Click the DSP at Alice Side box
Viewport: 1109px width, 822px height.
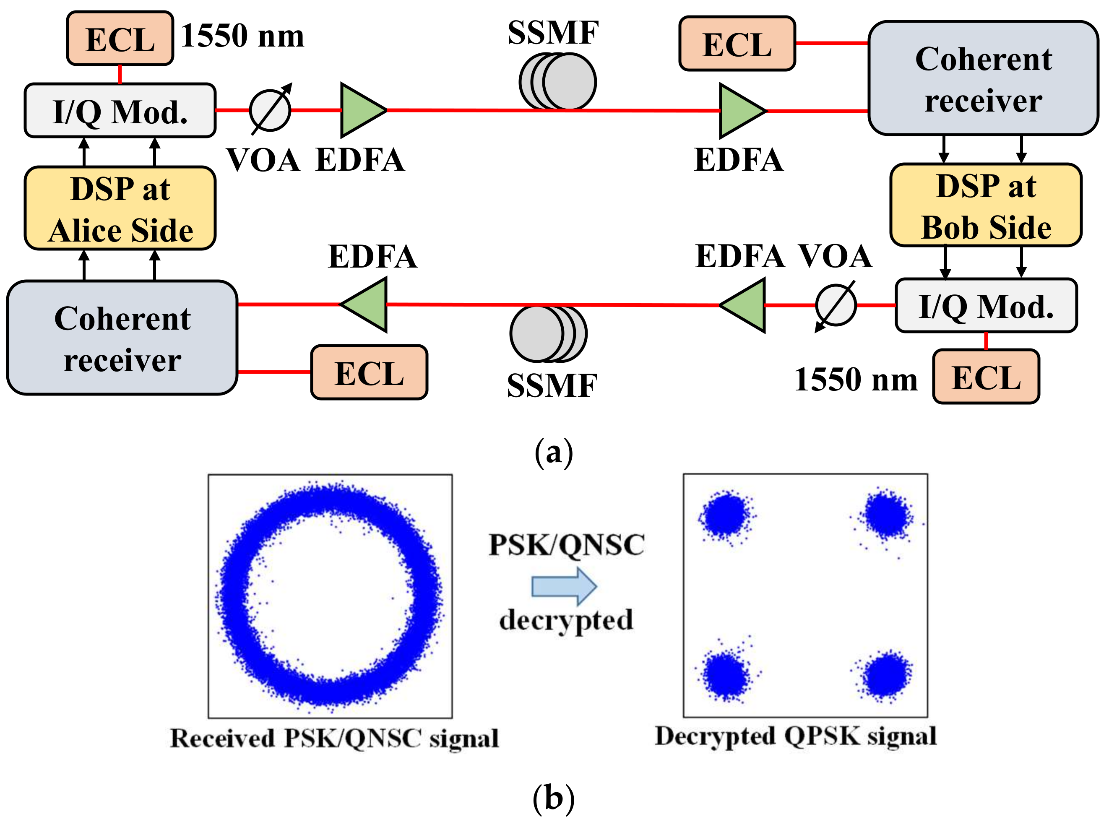pos(120,208)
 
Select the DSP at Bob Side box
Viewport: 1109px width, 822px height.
pos(986,205)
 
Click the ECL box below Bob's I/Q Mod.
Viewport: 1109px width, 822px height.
pos(986,377)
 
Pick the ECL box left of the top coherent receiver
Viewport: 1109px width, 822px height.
pos(737,44)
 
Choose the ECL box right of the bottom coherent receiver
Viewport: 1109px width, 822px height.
pos(369,372)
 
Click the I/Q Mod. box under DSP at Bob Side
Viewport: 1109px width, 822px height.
pos(986,305)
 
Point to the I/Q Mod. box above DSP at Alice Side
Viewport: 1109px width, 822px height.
pos(120,110)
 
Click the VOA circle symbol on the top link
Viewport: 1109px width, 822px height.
pos(270,110)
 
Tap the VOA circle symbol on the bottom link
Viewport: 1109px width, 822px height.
pos(836,305)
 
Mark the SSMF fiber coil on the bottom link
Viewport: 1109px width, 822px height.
pos(548,334)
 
